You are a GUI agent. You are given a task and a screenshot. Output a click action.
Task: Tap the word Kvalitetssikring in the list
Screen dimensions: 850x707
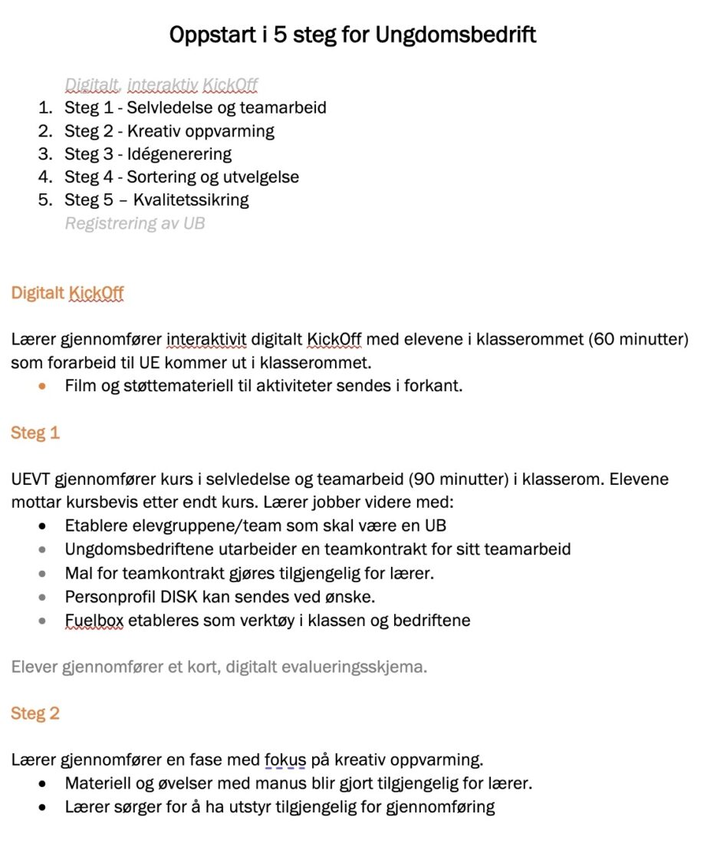[x=191, y=199]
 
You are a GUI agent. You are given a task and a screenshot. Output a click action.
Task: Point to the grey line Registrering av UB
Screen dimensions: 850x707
[x=134, y=223]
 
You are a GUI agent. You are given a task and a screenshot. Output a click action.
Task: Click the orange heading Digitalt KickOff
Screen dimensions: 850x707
[x=67, y=293]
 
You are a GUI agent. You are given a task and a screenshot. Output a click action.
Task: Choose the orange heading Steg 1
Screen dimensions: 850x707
[x=35, y=433]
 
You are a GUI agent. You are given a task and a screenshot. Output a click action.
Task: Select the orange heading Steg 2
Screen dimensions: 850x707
[x=35, y=713]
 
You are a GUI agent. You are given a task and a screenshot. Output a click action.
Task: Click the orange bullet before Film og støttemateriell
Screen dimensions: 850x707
[x=42, y=386]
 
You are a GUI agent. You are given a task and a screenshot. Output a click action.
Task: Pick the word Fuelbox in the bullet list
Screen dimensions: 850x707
[x=94, y=620]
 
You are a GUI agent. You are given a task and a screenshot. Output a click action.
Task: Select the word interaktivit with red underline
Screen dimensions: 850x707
[x=206, y=339]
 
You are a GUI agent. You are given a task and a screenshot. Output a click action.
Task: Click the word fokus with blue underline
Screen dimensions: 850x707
[x=285, y=760]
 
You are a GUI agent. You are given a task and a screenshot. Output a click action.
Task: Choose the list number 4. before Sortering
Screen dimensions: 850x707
[x=46, y=176]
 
